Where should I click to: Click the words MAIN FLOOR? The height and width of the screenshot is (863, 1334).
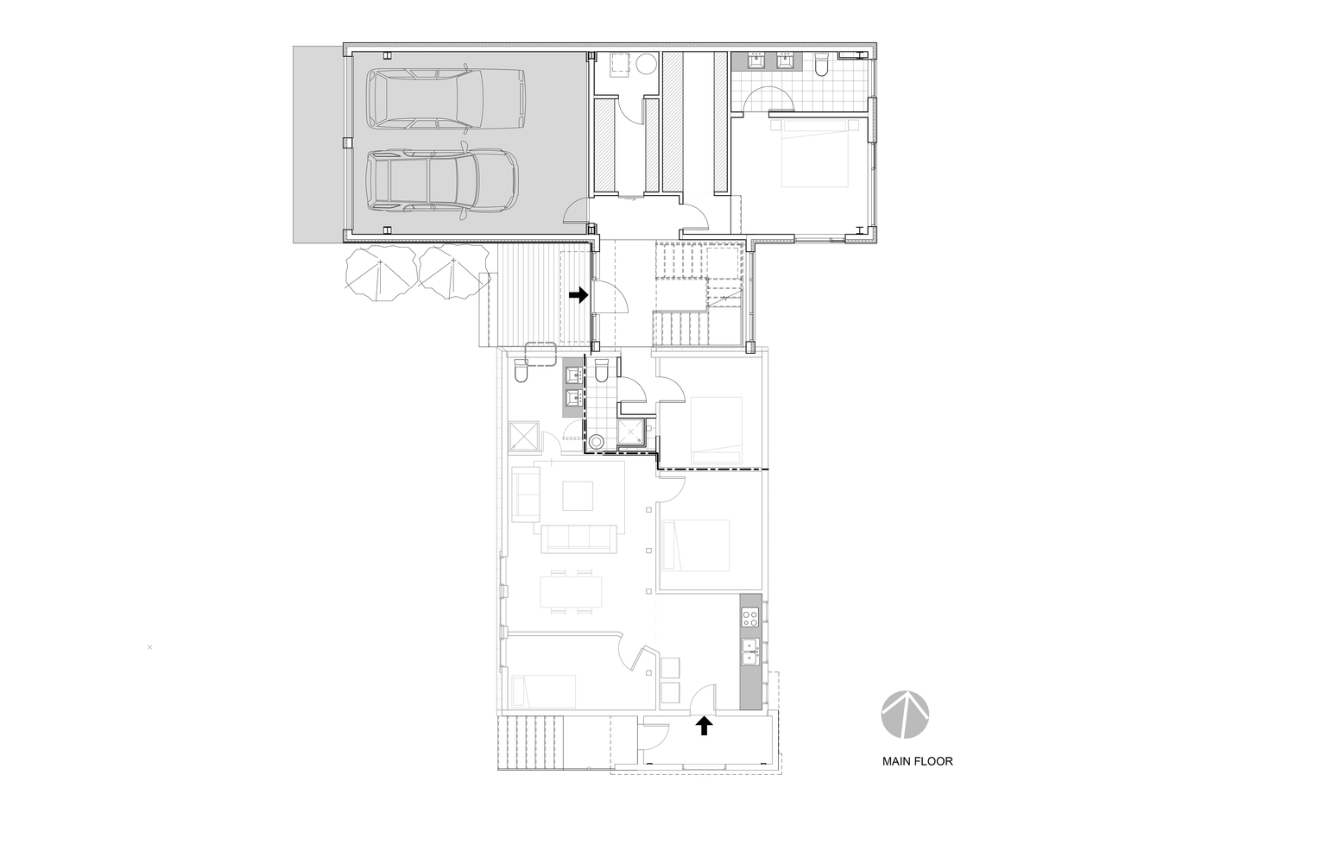(917, 762)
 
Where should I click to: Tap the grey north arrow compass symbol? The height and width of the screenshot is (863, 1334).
(906, 715)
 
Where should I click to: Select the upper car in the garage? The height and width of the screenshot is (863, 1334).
(446, 97)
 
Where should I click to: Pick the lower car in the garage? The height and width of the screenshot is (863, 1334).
(442, 181)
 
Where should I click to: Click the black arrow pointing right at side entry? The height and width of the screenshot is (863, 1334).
(578, 295)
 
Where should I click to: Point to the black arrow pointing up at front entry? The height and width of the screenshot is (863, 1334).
(705, 726)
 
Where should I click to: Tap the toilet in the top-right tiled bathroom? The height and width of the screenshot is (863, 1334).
(822, 64)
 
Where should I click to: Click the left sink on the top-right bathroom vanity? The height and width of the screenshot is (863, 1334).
(756, 60)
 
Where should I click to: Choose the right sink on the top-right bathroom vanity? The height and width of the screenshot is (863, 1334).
(786, 60)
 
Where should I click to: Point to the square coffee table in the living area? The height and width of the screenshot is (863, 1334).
(578, 495)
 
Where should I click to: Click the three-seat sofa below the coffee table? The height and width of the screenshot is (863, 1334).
(578, 539)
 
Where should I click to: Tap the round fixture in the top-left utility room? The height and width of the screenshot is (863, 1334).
(647, 65)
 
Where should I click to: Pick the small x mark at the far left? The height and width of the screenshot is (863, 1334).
(150, 646)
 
